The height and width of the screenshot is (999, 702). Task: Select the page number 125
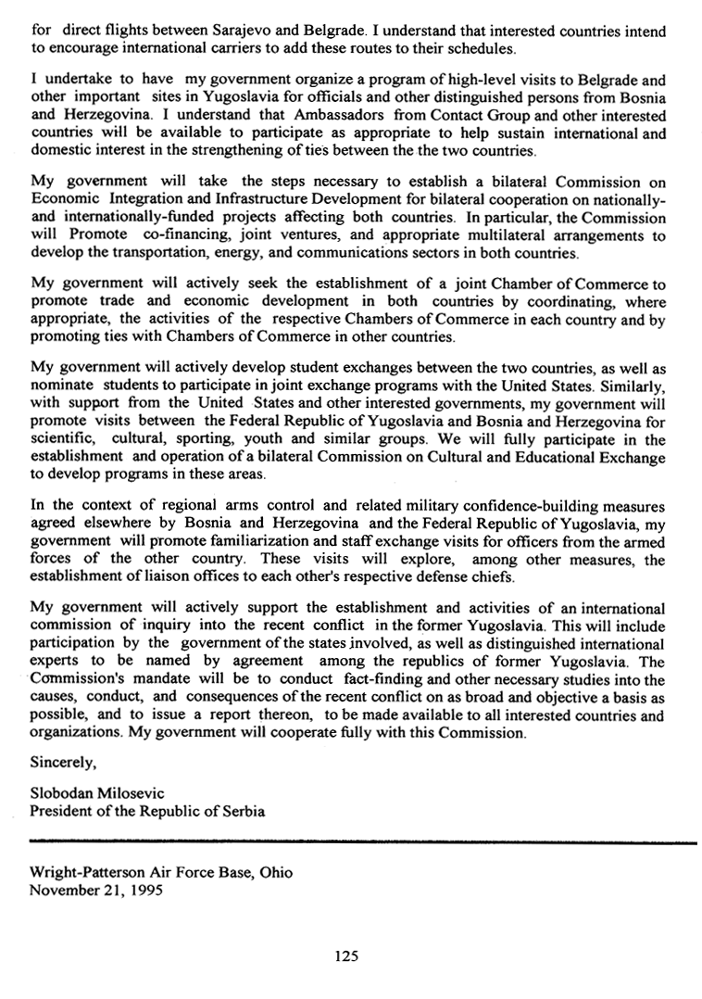coord(346,955)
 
